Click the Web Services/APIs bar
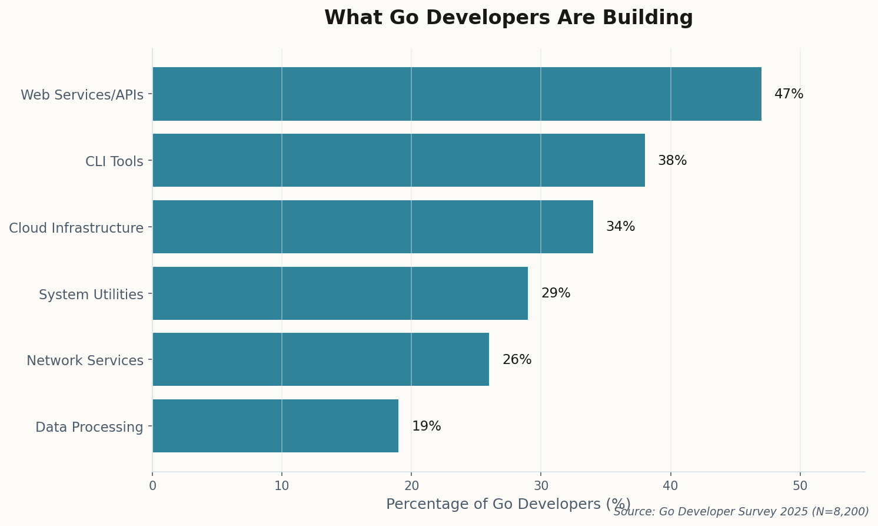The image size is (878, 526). (x=457, y=94)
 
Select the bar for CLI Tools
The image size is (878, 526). (x=398, y=160)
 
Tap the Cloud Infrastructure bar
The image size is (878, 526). (x=373, y=227)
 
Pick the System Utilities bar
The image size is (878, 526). (x=340, y=293)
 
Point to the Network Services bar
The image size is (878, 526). (x=321, y=359)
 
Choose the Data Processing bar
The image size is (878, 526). (x=275, y=426)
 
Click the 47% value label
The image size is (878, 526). (x=789, y=94)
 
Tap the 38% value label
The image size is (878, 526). (x=672, y=161)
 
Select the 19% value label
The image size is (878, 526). (x=426, y=426)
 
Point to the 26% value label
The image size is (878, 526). (x=517, y=360)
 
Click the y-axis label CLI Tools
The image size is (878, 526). (x=114, y=161)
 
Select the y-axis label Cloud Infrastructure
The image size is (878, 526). (x=76, y=228)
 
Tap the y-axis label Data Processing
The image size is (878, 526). (x=89, y=427)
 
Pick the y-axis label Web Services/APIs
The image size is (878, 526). (x=82, y=95)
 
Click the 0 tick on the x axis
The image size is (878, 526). (x=152, y=486)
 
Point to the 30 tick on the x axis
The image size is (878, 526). (x=541, y=486)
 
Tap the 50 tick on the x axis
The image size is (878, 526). (x=800, y=486)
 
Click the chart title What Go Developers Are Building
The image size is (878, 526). (x=508, y=18)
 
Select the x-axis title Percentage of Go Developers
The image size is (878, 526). (x=508, y=504)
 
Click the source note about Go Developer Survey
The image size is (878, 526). (x=741, y=512)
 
